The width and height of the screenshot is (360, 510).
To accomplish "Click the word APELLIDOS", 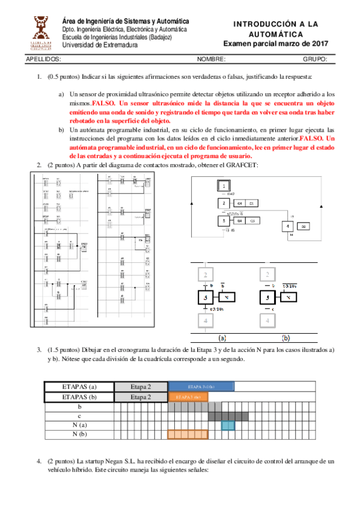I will (x=44, y=60).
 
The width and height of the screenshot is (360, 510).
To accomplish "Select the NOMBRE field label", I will (x=211, y=60).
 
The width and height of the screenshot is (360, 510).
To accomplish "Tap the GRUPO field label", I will (x=315, y=60).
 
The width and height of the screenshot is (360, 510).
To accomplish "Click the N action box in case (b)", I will (x=290, y=297).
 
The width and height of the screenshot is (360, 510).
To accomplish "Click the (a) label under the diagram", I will (x=222, y=337).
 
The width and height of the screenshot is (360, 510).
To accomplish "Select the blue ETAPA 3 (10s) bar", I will (x=201, y=387).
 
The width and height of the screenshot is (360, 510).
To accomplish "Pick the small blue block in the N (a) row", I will (x=228, y=425).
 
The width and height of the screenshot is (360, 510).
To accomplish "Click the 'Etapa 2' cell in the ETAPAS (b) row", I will (x=141, y=398).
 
